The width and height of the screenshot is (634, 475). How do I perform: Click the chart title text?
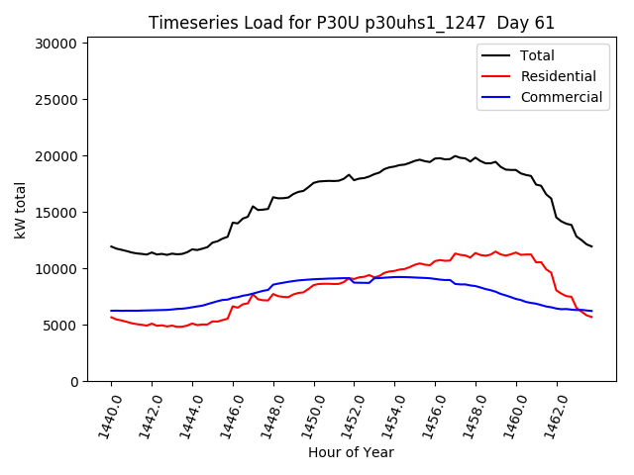coord(351,23)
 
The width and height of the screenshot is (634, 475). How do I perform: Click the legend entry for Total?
coord(537,55)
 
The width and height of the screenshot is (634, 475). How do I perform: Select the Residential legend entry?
coord(558,76)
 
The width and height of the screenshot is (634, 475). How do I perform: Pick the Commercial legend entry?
coord(561,97)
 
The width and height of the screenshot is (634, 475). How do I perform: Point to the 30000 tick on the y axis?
coord(56,44)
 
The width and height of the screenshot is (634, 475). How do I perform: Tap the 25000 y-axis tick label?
coord(56,100)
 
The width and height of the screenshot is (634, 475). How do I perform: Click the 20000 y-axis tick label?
coord(56,156)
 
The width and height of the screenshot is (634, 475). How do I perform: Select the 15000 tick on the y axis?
coord(56,213)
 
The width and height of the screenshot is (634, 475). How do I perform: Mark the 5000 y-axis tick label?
coord(60,326)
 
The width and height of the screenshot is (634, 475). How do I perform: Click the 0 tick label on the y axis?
coord(73,382)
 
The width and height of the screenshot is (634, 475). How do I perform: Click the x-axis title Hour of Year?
coord(351,453)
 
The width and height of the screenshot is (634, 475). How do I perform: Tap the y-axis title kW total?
coord(21,210)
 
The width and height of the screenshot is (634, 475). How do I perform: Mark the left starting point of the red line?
coord(111,317)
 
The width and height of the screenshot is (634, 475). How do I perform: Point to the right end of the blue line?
coord(591,311)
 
